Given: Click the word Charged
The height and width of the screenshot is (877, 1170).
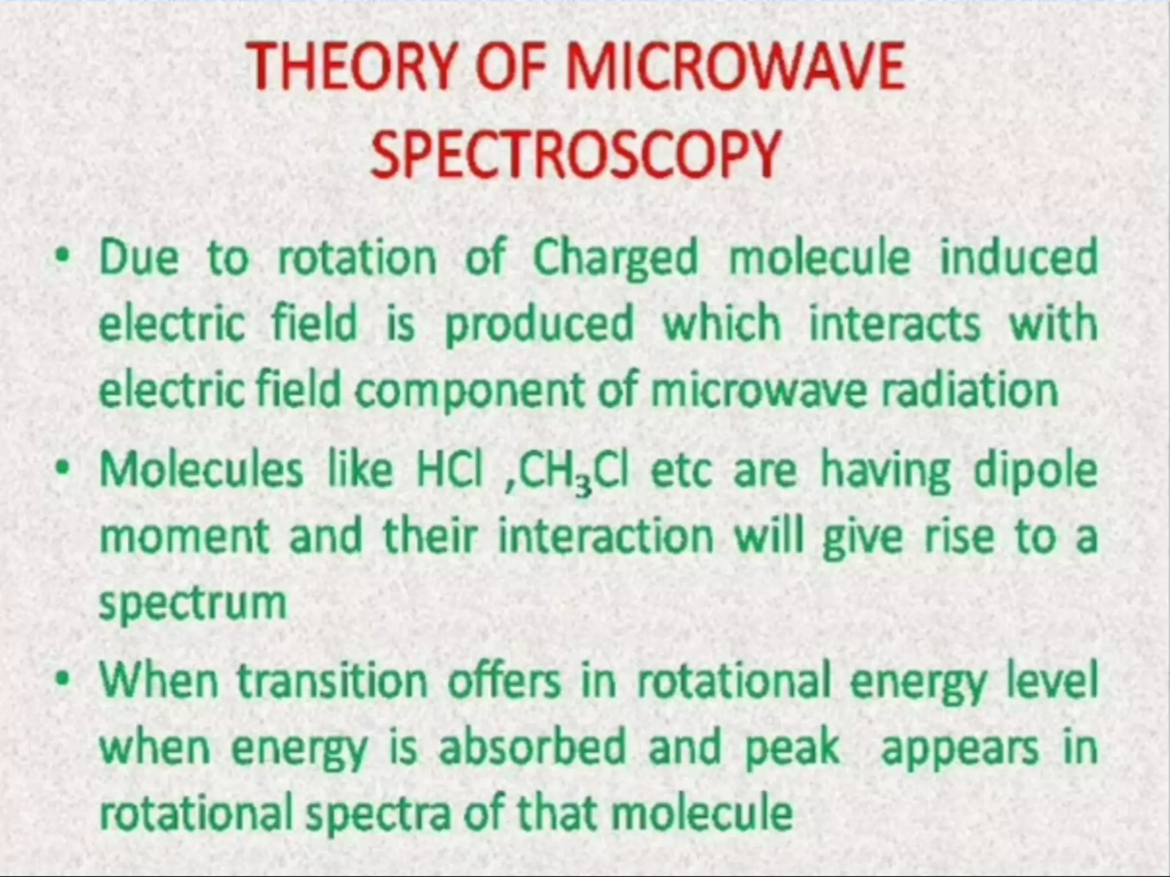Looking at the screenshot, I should click(615, 258).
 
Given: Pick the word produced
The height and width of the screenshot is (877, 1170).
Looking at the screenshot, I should click(539, 324).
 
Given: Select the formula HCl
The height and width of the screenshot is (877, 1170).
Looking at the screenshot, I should click(450, 471).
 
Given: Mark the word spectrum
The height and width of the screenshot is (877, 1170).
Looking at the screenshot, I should click(193, 604).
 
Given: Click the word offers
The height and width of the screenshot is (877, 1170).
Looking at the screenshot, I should click(504, 681).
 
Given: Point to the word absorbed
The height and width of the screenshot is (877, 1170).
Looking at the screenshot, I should click(532, 747).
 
